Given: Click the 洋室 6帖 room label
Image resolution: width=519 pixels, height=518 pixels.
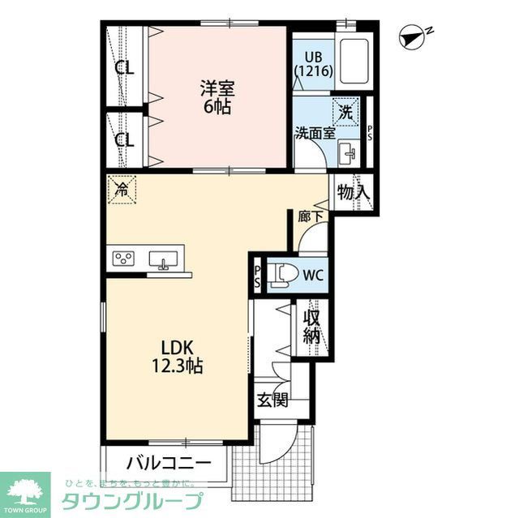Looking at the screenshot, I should pos(217,96).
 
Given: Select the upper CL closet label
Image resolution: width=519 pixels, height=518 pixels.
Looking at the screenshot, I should pos(124,67).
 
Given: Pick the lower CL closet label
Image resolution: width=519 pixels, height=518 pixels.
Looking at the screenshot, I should pos(124,139).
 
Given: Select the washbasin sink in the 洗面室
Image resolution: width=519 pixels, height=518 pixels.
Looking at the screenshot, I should pos(350,152).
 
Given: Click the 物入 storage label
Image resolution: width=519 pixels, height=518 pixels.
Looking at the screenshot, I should pos(354,193).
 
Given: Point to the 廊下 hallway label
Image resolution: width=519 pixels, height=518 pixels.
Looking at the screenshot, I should pos(309,216).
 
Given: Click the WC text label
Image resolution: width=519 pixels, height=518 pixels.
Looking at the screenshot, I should pos(313,275).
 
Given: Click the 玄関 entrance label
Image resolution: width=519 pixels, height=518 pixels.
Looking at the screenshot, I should pos(272,400).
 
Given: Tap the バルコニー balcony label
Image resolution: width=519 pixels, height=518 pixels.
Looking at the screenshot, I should pos(169,464).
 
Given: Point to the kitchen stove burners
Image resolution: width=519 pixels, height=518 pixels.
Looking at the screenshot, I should pos(124,259).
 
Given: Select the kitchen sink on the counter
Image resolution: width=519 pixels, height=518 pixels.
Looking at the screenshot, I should pos(165,259).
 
